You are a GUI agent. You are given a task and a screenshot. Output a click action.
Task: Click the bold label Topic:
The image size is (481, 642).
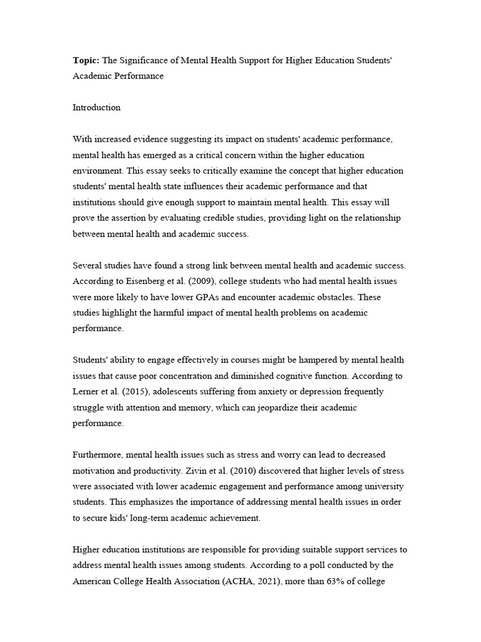tap(86, 60)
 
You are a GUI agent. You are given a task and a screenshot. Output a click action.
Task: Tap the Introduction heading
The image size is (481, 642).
tap(96, 107)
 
